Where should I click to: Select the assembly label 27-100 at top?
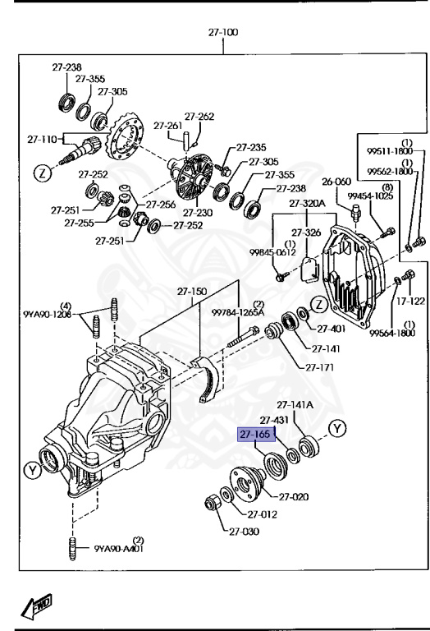[x=222, y=34]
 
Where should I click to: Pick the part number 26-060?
[x=336, y=182]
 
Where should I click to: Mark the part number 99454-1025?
[x=365, y=197]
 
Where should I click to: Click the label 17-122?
[x=409, y=302]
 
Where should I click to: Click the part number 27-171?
[x=320, y=367]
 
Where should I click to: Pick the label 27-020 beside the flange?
[x=294, y=496]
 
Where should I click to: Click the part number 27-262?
[x=199, y=117]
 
